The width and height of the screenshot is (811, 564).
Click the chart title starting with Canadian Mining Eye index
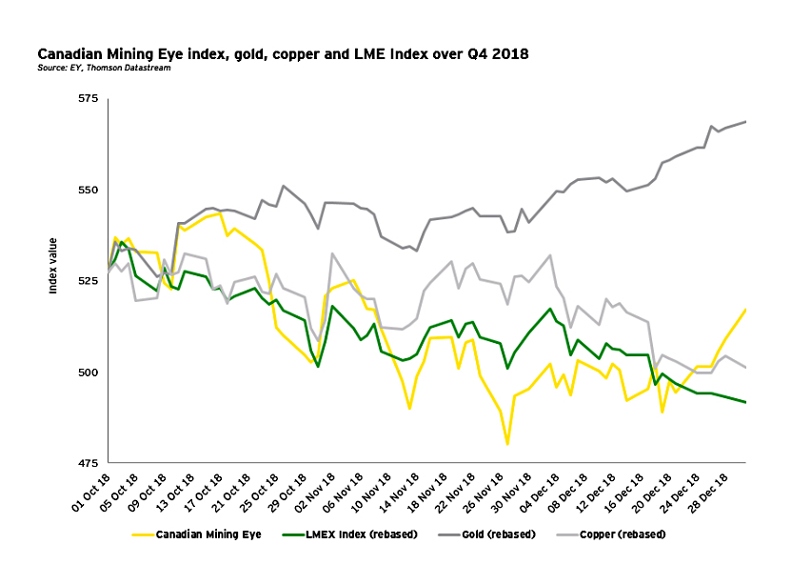click(283, 54)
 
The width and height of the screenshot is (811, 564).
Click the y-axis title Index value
click(54, 266)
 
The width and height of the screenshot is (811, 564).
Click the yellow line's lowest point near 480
click(507, 444)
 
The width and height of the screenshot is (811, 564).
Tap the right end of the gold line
click(745, 122)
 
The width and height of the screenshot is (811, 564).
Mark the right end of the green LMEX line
click(745, 402)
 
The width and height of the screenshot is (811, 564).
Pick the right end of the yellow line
click(745, 309)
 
